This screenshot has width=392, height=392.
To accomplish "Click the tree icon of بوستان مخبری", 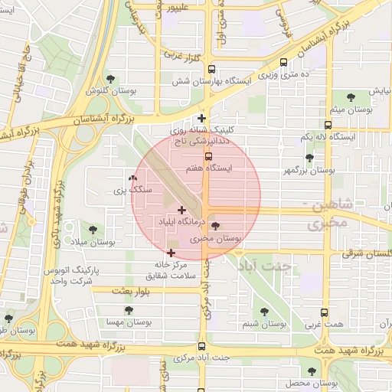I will [214, 226].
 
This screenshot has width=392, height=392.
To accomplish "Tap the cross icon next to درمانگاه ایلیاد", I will [181, 210].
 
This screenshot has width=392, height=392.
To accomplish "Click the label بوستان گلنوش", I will [105, 90].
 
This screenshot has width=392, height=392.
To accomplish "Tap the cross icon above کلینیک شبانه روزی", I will [201, 118].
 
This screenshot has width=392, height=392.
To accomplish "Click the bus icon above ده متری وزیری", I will [285, 63].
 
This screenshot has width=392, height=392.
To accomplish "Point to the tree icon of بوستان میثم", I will [351, 97].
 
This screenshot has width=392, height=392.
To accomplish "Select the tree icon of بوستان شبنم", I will [264, 312].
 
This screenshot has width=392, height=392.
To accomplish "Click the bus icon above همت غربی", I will [325, 312].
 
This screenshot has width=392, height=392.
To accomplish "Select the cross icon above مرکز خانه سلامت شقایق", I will [171, 252].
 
